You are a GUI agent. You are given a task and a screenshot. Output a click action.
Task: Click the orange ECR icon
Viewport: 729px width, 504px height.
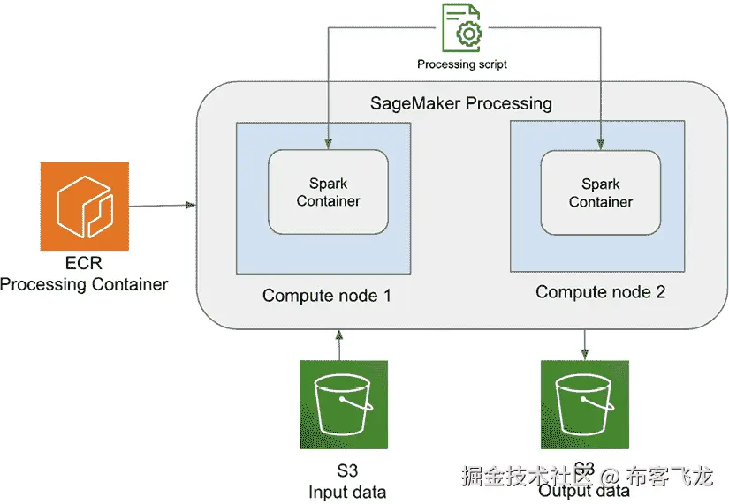85,206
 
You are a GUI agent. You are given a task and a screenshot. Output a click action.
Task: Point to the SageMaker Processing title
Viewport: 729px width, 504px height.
460,103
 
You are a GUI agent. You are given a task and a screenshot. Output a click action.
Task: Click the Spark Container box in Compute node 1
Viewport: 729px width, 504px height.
328,192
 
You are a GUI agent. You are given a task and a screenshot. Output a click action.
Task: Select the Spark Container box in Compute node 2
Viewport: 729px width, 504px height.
600,192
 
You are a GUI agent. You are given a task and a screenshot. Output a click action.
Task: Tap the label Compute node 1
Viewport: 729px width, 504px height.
326,296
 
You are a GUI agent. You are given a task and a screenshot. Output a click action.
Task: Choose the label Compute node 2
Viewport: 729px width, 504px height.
600,291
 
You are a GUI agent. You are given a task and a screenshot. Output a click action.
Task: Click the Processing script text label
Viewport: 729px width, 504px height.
462,64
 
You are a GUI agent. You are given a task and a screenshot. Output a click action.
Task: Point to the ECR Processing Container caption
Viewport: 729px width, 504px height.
84,275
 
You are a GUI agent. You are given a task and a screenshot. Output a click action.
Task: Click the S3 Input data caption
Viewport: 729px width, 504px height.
347,481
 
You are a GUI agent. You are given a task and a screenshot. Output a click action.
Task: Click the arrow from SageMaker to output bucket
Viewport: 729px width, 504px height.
584,343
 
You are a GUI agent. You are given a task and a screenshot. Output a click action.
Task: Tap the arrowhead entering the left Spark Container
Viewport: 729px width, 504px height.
328,144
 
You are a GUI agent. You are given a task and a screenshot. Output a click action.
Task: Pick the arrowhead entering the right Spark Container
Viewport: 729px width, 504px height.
601,144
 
